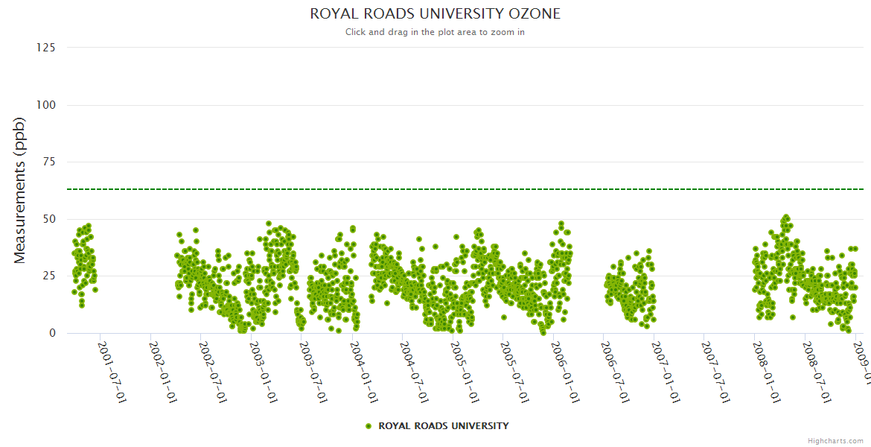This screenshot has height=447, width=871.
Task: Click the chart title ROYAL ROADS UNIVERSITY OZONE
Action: click(x=435, y=14)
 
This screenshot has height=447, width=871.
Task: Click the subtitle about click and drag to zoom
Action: click(x=435, y=32)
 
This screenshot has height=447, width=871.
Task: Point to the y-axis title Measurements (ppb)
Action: click(x=20, y=190)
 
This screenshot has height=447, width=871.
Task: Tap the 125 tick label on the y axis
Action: click(x=45, y=48)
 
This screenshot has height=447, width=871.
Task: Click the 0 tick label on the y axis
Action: click(x=52, y=333)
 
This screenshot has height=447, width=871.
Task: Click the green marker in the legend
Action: click(x=368, y=426)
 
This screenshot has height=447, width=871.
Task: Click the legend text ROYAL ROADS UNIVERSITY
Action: click(x=444, y=426)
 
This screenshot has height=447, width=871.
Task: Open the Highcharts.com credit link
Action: click(x=835, y=441)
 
